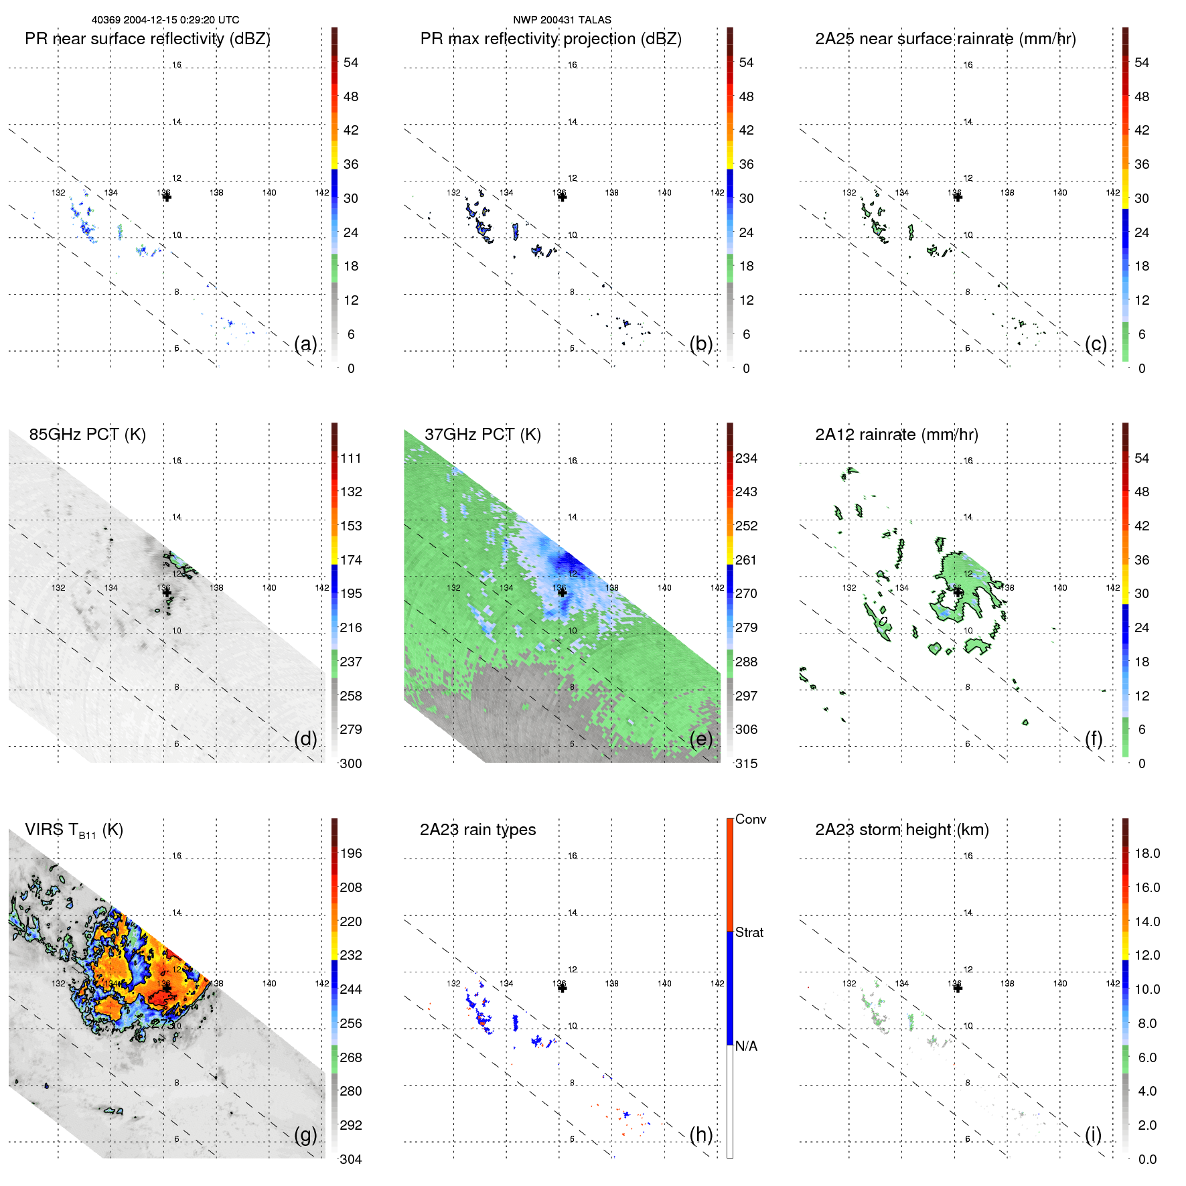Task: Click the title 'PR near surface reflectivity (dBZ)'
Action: click(147, 39)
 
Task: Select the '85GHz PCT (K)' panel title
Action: click(87, 435)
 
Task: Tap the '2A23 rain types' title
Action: click(477, 830)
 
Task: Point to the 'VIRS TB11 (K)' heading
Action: click(74, 830)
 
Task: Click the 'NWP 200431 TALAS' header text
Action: click(562, 20)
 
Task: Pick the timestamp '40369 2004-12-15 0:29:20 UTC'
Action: click(165, 20)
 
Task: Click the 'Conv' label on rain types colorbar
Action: click(750, 819)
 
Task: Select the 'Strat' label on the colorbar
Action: click(749, 932)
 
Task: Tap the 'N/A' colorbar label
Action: click(746, 1046)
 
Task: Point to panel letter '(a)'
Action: click(305, 344)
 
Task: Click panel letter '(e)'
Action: click(701, 739)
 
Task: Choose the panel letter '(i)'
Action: click(1093, 1134)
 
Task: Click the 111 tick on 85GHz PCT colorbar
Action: click(351, 458)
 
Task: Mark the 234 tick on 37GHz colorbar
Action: click(746, 458)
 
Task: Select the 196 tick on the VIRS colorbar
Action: click(351, 853)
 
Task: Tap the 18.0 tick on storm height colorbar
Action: click(1147, 853)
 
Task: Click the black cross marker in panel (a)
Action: click(167, 197)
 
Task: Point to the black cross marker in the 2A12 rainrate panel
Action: click(958, 592)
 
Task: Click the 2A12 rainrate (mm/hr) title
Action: click(896, 435)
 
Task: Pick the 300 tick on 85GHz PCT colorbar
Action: click(351, 763)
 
